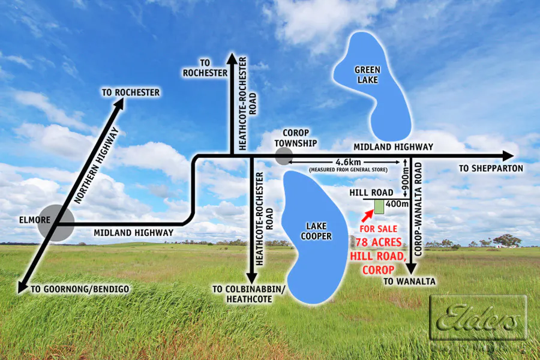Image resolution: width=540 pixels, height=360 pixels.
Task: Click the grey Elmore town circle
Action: pos(55,223)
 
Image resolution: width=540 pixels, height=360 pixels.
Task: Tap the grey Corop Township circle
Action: pos(283,157)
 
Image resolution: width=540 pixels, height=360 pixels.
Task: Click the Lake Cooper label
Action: pos(316,231)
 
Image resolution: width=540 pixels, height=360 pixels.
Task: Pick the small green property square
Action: pos(379,207)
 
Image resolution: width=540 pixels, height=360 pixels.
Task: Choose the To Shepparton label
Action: pos(491,169)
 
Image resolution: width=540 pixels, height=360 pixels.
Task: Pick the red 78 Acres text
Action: pos(379,242)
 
